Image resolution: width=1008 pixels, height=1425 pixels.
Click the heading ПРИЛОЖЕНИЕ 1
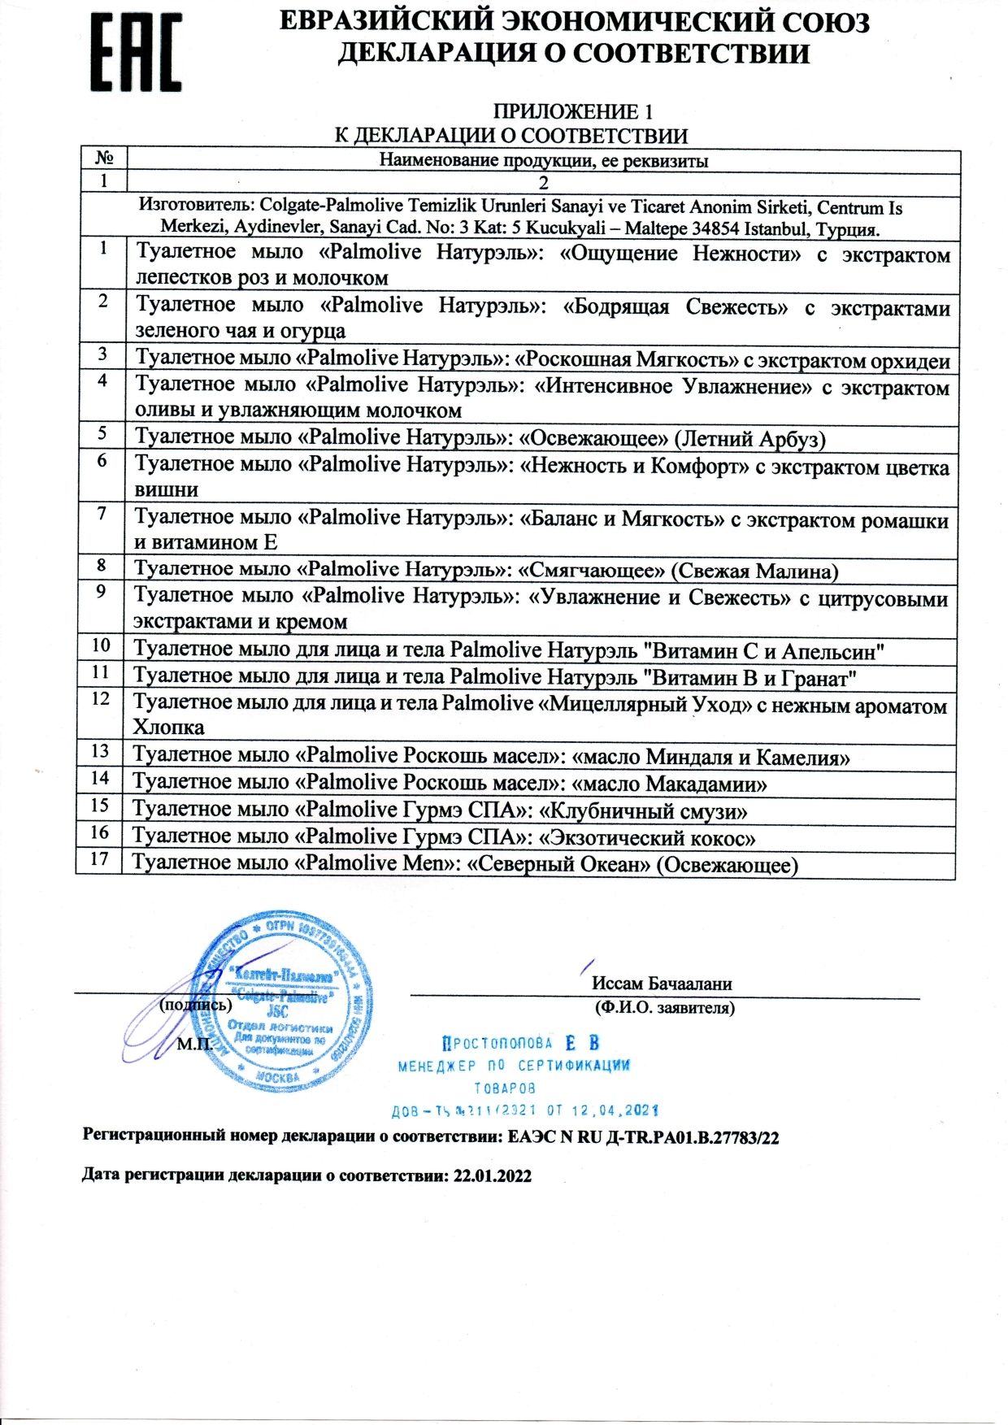click(573, 111)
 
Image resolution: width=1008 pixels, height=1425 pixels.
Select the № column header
click(104, 158)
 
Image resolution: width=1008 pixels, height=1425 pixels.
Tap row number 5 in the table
click(102, 433)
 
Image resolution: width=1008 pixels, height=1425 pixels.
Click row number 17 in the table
click(99, 858)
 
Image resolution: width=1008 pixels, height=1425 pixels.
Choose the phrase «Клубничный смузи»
click(644, 811)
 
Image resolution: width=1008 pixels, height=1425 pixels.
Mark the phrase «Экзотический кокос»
click(647, 838)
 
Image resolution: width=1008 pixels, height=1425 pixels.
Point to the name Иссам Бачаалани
click(662, 984)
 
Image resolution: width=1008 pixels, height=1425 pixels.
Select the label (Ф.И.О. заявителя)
click(664, 1008)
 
